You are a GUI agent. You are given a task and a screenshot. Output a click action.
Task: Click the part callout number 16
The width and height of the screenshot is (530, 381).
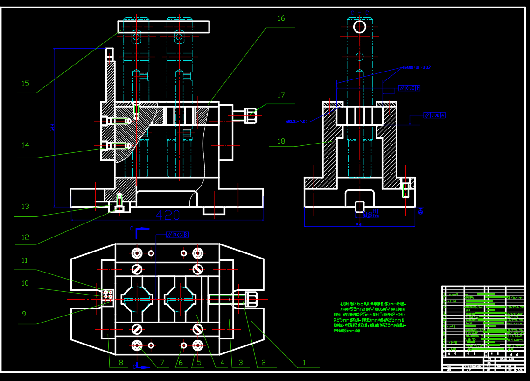[x=281, y=18]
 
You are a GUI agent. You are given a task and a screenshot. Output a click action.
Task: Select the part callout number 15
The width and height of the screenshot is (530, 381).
[x=25, y=84]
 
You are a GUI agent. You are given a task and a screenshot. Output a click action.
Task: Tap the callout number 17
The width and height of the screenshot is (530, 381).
[x=281, y=95]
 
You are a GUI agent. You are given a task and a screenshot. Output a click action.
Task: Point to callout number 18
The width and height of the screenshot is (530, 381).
[x=281, y=141]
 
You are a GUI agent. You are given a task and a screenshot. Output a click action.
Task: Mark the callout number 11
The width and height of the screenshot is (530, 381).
[x=25, y=260]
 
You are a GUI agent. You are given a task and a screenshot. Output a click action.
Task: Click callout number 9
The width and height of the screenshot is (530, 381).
[x=24, y=314]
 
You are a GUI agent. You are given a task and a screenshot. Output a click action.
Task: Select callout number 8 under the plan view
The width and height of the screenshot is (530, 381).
[x=120, y=362]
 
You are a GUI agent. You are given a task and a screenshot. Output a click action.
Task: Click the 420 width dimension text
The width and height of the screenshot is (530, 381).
[x=167, y=215]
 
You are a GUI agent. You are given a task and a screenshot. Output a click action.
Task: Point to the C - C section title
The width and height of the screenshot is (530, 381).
[x=359, y=13]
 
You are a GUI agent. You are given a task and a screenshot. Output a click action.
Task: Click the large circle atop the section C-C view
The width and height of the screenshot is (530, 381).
[x=359, y=27]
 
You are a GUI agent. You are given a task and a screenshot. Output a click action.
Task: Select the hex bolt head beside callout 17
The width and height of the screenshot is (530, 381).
[x=251, y=115]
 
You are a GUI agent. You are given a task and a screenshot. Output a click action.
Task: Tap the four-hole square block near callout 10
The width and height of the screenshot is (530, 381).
[x=109, y=295]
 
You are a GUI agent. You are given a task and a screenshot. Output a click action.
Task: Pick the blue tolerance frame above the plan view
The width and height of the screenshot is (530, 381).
[x=178, y=235]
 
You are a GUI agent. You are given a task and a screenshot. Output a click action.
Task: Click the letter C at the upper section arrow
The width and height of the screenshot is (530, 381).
[x=132, y=229]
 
